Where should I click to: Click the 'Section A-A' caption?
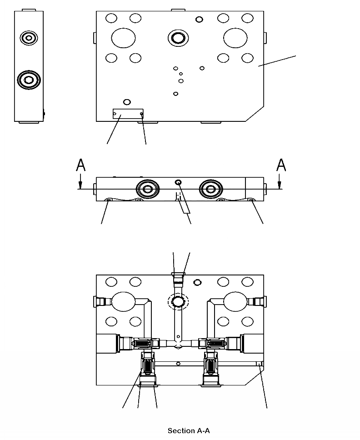tap(189, 431)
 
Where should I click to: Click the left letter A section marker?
tap(80, 165)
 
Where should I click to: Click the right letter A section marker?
tap(281, 165)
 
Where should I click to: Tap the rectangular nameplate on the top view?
tap(128, 114)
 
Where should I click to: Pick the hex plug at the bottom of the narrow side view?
tap(29, 80)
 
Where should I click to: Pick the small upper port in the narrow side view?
tap(29, 38)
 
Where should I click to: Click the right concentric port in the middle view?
tap(210, 188)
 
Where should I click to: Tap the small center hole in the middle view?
tap(178, 182)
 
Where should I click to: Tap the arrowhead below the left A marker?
tap(80, 185)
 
